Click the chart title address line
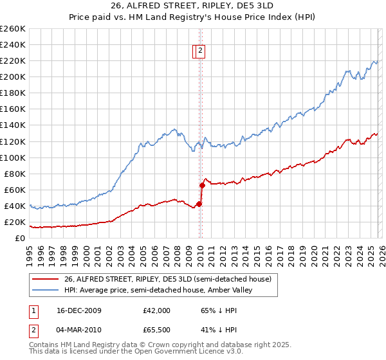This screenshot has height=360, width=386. [x=193, y=5]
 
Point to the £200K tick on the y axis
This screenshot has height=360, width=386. [x=13, y=77]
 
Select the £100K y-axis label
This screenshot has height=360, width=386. [x=13, y=157]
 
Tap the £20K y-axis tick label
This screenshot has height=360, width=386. [x=15, y=222]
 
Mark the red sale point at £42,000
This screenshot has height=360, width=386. [x=199, y=204]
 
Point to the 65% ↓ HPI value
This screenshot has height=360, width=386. [x=219, y=310]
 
